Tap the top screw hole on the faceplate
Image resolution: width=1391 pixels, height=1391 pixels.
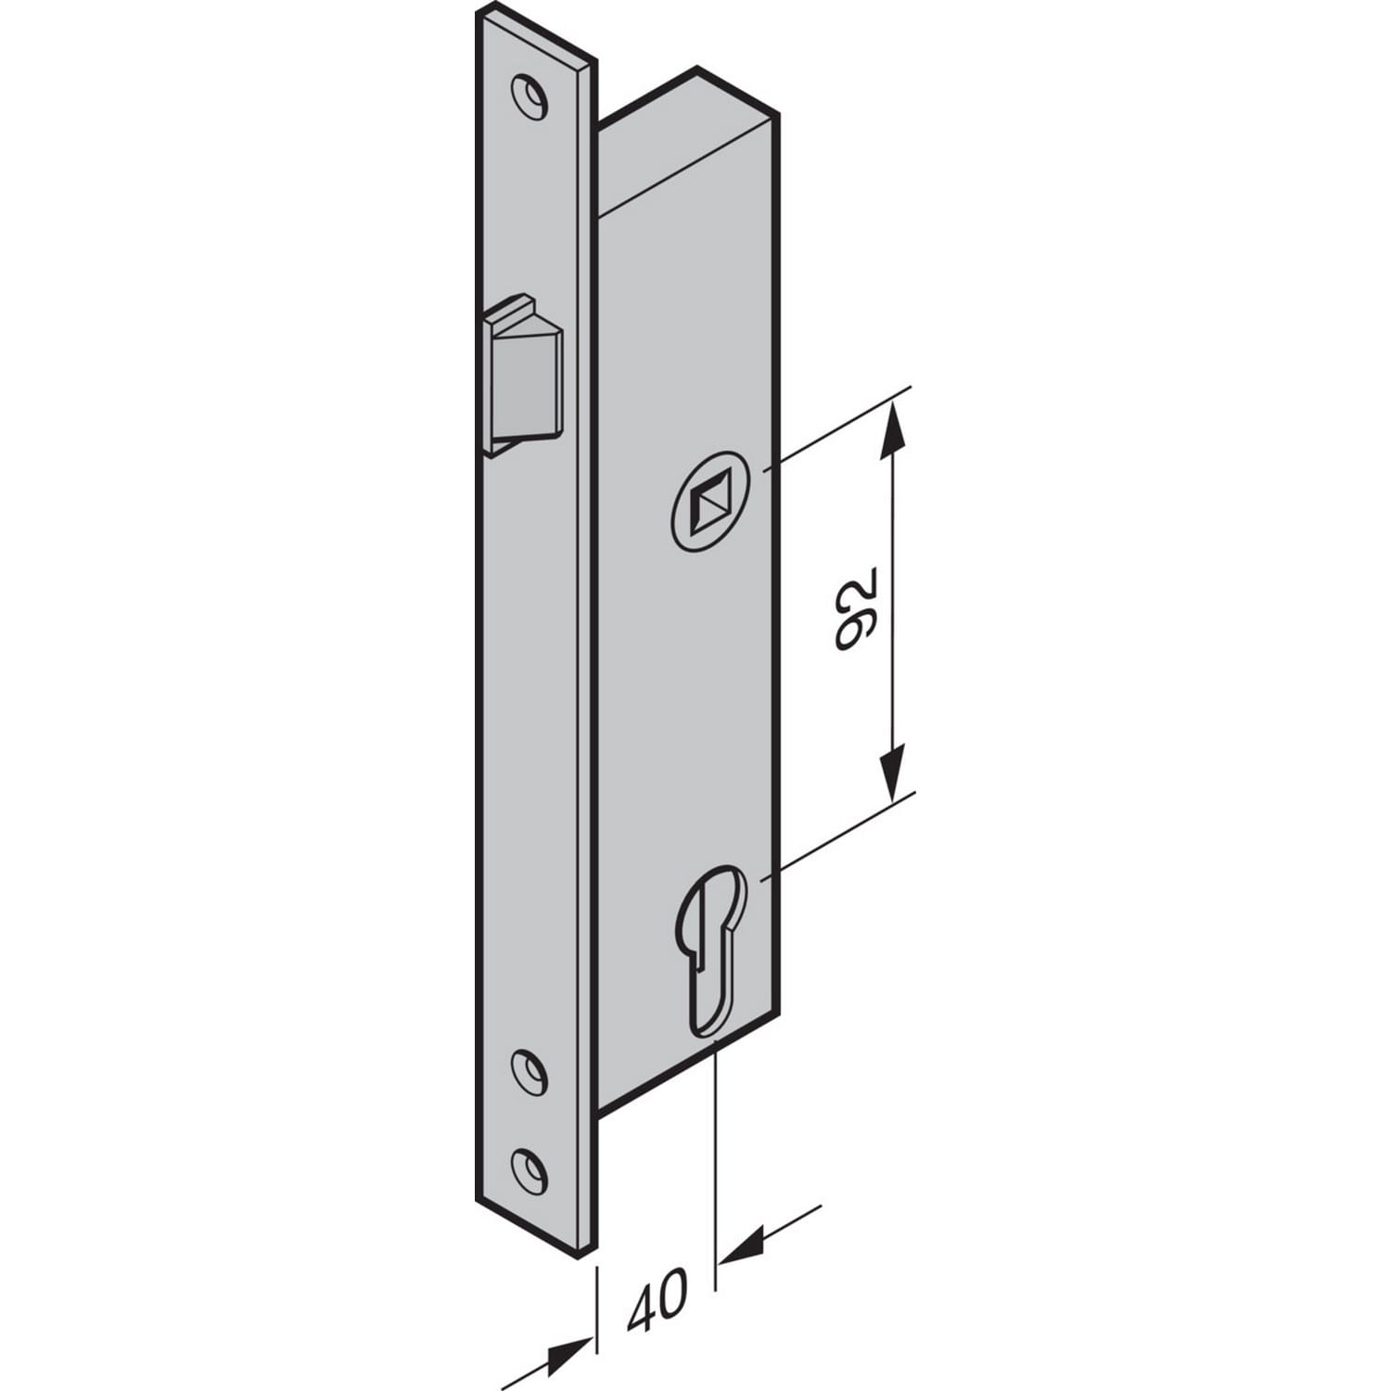point(528,96)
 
